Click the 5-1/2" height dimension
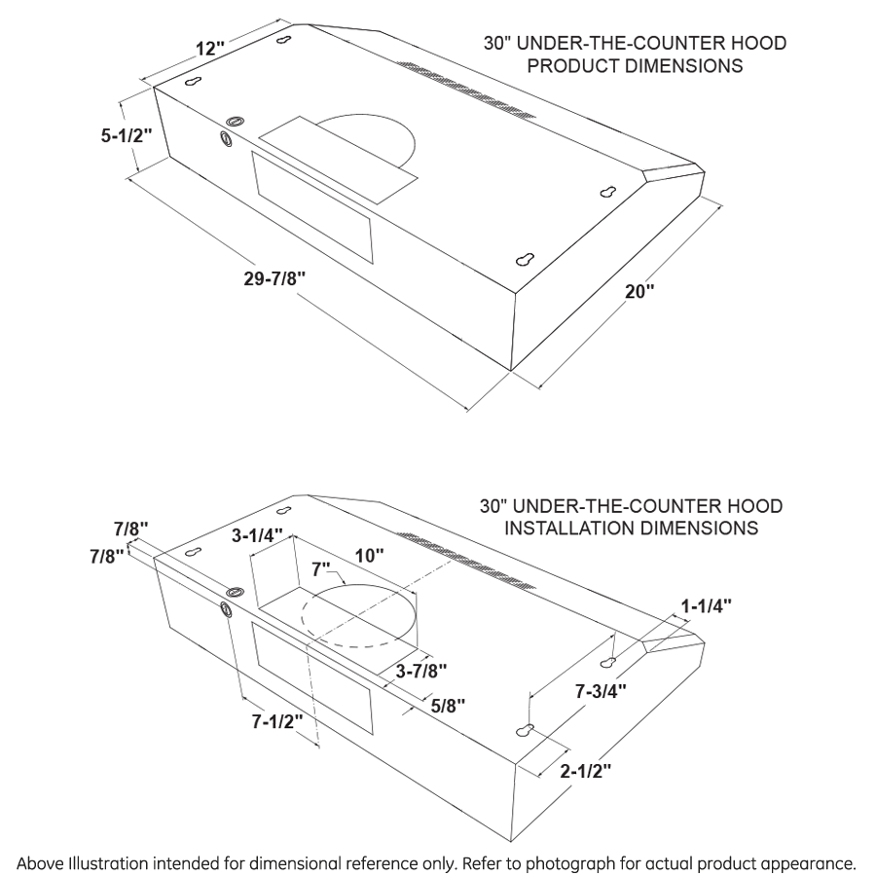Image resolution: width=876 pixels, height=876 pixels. coord(127,136)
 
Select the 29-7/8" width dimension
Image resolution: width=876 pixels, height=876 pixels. coord(275,277)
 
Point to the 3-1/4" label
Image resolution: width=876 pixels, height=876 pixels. coord(257,535)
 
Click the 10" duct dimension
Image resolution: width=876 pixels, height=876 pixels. coord(369,555)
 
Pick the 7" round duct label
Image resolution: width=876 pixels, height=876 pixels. coord(320,566)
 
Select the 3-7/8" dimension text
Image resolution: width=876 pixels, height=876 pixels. coord(421,670)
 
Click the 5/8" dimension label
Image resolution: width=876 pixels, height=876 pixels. coord(449,704)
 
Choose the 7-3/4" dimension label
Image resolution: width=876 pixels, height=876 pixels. coord(600,692)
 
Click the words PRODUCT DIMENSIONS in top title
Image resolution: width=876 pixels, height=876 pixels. coord(636,67)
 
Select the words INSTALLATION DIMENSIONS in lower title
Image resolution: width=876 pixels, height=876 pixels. coord(632,529)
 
